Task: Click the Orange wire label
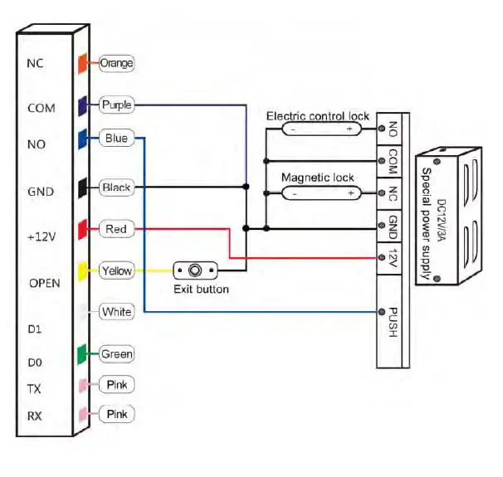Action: (x=116, y=63)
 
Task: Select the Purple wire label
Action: (x=115, y=105)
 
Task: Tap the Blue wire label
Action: (x=116, y=138)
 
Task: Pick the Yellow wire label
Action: (x=116, y=270)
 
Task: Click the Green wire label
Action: (x=116, y=354)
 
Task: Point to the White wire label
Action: (x=116, y=312)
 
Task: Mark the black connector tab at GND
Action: (x=83, y=188)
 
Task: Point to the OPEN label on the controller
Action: (x=44, y=283)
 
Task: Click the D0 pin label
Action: (x=34, y=363)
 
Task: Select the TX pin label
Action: (x=34, y=388)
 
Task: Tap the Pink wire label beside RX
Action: (x=116, y=413)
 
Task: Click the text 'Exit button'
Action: (x=201, y=290)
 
